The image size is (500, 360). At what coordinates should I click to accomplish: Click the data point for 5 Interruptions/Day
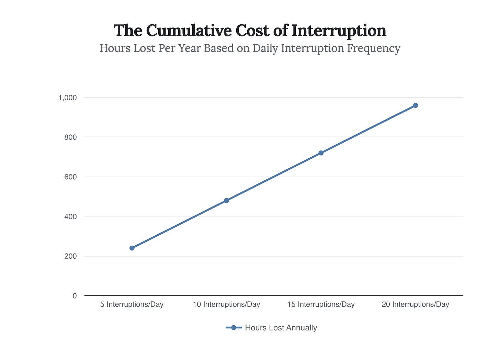[132, 248]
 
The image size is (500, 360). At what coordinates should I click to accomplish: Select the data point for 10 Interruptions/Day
[226, 201]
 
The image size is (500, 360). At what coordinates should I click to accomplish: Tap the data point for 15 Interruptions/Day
[321, 153]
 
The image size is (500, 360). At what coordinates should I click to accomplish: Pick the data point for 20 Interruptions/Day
[415, 105]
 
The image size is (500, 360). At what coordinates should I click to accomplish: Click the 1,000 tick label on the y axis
[67, 98]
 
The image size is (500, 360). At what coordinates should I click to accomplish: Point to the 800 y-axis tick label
[70, 137]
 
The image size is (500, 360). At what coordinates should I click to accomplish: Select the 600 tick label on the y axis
[70, 177]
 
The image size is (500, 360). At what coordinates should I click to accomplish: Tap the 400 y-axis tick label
[70, 217]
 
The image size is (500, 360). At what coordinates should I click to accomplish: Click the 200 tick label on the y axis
[70, 257]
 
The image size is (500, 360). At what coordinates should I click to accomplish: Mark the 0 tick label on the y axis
[75, 296]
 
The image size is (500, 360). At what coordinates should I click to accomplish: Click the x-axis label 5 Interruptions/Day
[132, 305]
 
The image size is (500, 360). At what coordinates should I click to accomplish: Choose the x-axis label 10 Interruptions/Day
[226, 305]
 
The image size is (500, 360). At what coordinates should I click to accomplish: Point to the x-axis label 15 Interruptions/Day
[321, 305]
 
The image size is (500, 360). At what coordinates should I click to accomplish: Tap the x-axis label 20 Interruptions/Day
[415, 305]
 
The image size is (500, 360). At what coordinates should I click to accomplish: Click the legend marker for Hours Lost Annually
[234, 328]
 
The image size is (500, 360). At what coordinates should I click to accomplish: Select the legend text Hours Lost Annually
[281, 328]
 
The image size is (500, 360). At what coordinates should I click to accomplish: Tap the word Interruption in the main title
[339, 31]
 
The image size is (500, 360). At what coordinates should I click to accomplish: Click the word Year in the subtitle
[189, 48]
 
